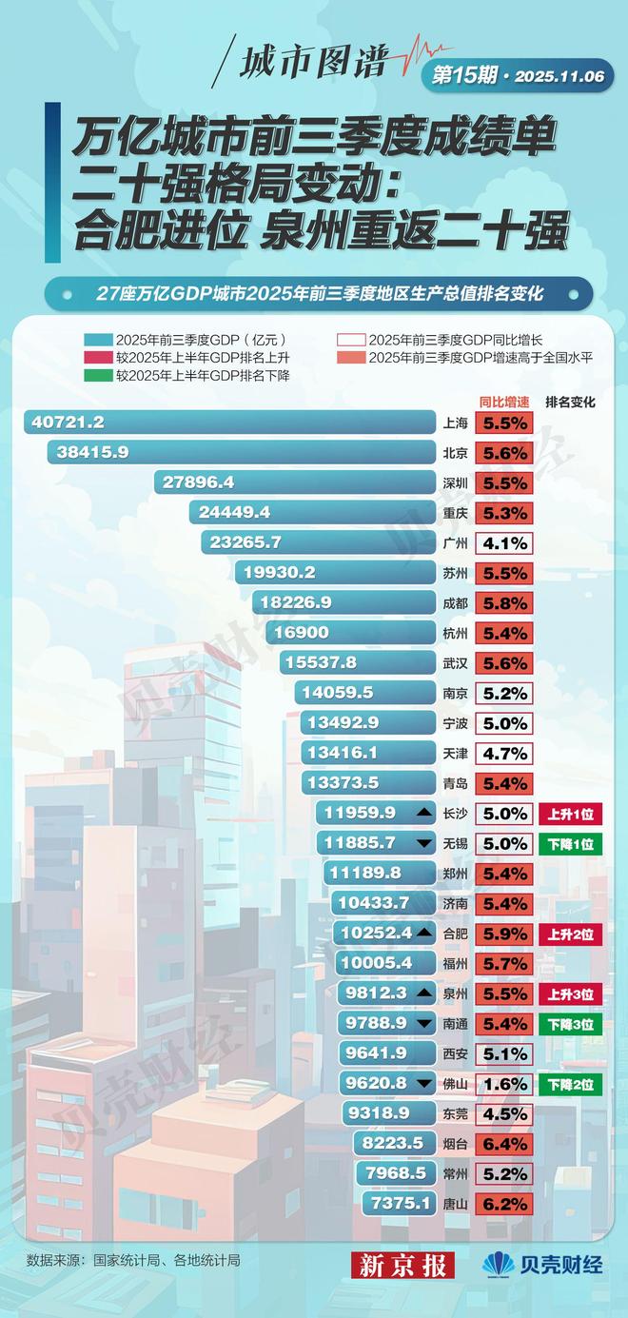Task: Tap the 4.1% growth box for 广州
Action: click(505, 543)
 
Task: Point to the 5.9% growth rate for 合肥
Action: click(505, 934)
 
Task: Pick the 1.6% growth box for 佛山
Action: click(505, 1084)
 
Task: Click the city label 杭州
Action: click(455, 633)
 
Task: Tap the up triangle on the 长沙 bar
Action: click(422, 813)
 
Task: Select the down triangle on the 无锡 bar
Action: click(422, 843)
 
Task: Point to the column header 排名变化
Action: click(570, 403)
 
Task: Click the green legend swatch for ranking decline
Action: click(97, 376)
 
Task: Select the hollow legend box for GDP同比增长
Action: click(350, 339)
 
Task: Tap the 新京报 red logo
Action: click(403, 1264)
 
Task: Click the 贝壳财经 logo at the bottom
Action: click(542, 1264)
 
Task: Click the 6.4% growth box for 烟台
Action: click(505, 1144)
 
